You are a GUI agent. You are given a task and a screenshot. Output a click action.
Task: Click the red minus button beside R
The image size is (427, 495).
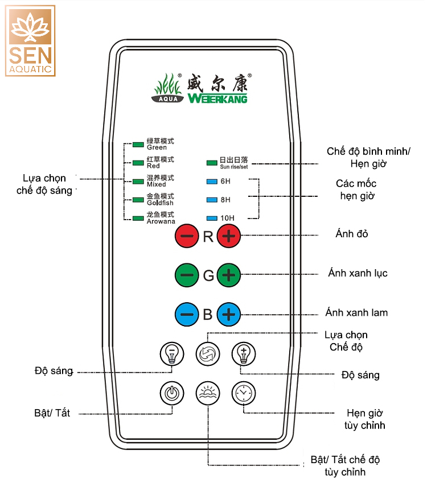click(187, 237)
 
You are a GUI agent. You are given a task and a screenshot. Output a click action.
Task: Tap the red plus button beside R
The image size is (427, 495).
click(228, 237)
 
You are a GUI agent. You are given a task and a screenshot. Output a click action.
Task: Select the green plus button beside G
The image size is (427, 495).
click(228, 276)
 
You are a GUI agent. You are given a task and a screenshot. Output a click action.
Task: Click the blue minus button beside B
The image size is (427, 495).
click(187, 313)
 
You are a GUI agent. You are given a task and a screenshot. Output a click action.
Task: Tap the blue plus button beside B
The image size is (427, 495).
click(228, 313)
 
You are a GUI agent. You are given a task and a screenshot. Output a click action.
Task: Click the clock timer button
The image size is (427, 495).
click(243, 393)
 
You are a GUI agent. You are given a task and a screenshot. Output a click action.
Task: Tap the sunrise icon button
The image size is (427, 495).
click(207, 393)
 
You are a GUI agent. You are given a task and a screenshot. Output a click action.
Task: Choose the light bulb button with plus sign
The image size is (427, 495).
click(243, 354)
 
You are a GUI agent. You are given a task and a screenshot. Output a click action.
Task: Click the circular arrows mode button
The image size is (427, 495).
click(207, 354)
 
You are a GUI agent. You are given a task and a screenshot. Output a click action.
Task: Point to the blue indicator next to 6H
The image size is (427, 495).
click(211, 182)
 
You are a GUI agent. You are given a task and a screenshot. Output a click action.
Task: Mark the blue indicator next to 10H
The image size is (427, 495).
click(211, 218)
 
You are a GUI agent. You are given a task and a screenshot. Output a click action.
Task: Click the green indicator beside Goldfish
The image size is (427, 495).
click(137, 200)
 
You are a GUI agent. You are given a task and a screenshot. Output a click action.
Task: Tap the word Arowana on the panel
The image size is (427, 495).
click(161, 221)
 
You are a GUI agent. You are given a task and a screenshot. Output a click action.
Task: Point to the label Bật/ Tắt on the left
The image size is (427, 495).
click(52, 413)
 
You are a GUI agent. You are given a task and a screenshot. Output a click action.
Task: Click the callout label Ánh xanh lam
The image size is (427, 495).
click(357, 312)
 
